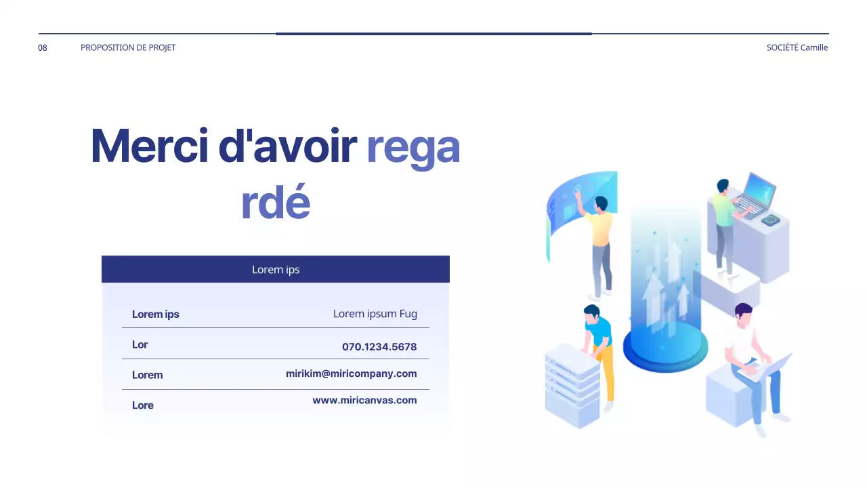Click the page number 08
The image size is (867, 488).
coord(43,47)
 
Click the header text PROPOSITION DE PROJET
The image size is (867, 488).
coord(128,47)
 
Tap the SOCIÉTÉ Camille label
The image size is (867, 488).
coord(797,47)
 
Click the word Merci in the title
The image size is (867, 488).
coord(149,146)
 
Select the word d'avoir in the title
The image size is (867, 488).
coord(287,146)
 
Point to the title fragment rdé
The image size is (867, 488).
coord(275,203)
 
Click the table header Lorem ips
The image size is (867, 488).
coord(275,269)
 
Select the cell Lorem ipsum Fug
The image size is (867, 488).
coord(375,314)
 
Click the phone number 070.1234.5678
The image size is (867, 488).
coord(379,346)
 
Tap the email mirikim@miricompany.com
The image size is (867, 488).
coord(351,373)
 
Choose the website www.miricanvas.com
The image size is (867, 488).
coord(364,400)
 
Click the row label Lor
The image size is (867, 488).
coord(140,344)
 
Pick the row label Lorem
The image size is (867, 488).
coord(147,375)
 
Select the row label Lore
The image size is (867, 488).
coord(142,405)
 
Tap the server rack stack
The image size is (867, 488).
coord(572,385)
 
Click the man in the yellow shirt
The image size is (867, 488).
coord(599,244)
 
